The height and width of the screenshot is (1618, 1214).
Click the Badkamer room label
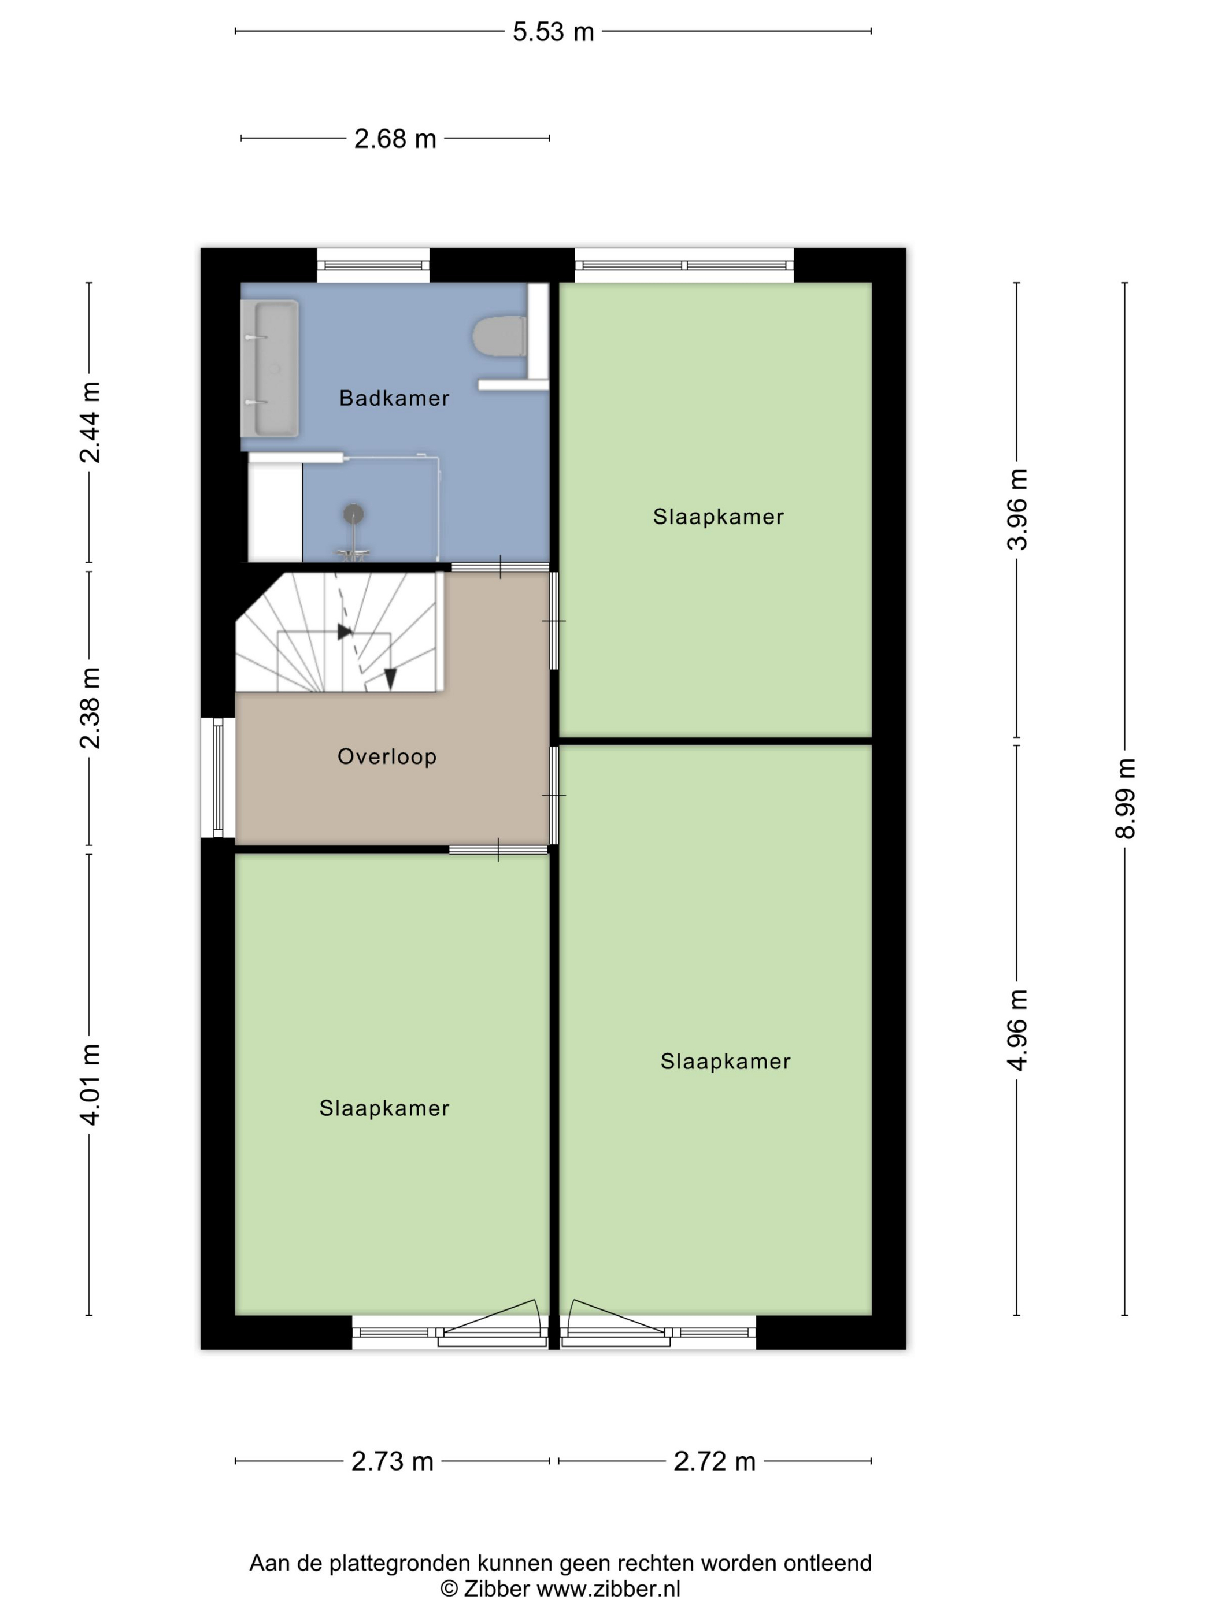[x=394, y=398]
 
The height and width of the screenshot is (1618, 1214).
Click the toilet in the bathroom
[x=500, y=336]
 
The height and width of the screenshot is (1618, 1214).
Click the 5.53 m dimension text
[x=553, y=32]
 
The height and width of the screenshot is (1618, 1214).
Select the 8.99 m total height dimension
[x=1126, y=798]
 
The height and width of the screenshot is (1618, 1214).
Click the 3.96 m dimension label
[x=1017, y=509]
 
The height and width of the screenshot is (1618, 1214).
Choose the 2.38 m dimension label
[x=90, y=708]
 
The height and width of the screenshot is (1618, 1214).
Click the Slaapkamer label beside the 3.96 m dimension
[x=719, y=517]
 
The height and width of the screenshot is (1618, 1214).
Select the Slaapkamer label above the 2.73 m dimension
[x=384, y=1108]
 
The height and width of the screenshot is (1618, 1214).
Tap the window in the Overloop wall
[x=218, y=778]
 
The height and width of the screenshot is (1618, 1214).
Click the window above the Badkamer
[x=373, y=265]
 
